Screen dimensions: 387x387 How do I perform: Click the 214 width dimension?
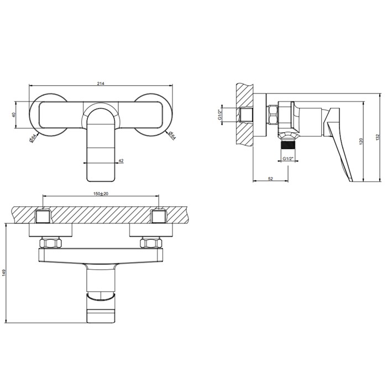pos(101,83)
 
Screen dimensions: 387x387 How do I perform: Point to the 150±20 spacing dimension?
pos(101,193)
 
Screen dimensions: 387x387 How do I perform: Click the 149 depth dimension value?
pos(4,274)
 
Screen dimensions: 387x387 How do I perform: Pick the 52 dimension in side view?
pos(270,178)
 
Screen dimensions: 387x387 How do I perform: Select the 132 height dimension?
pos(377,137)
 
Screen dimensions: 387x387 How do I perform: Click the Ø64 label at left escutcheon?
pos(33,138)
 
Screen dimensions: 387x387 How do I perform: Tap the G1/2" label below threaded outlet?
pos(288,159)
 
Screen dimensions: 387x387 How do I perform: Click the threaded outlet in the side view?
pos(287,148)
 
